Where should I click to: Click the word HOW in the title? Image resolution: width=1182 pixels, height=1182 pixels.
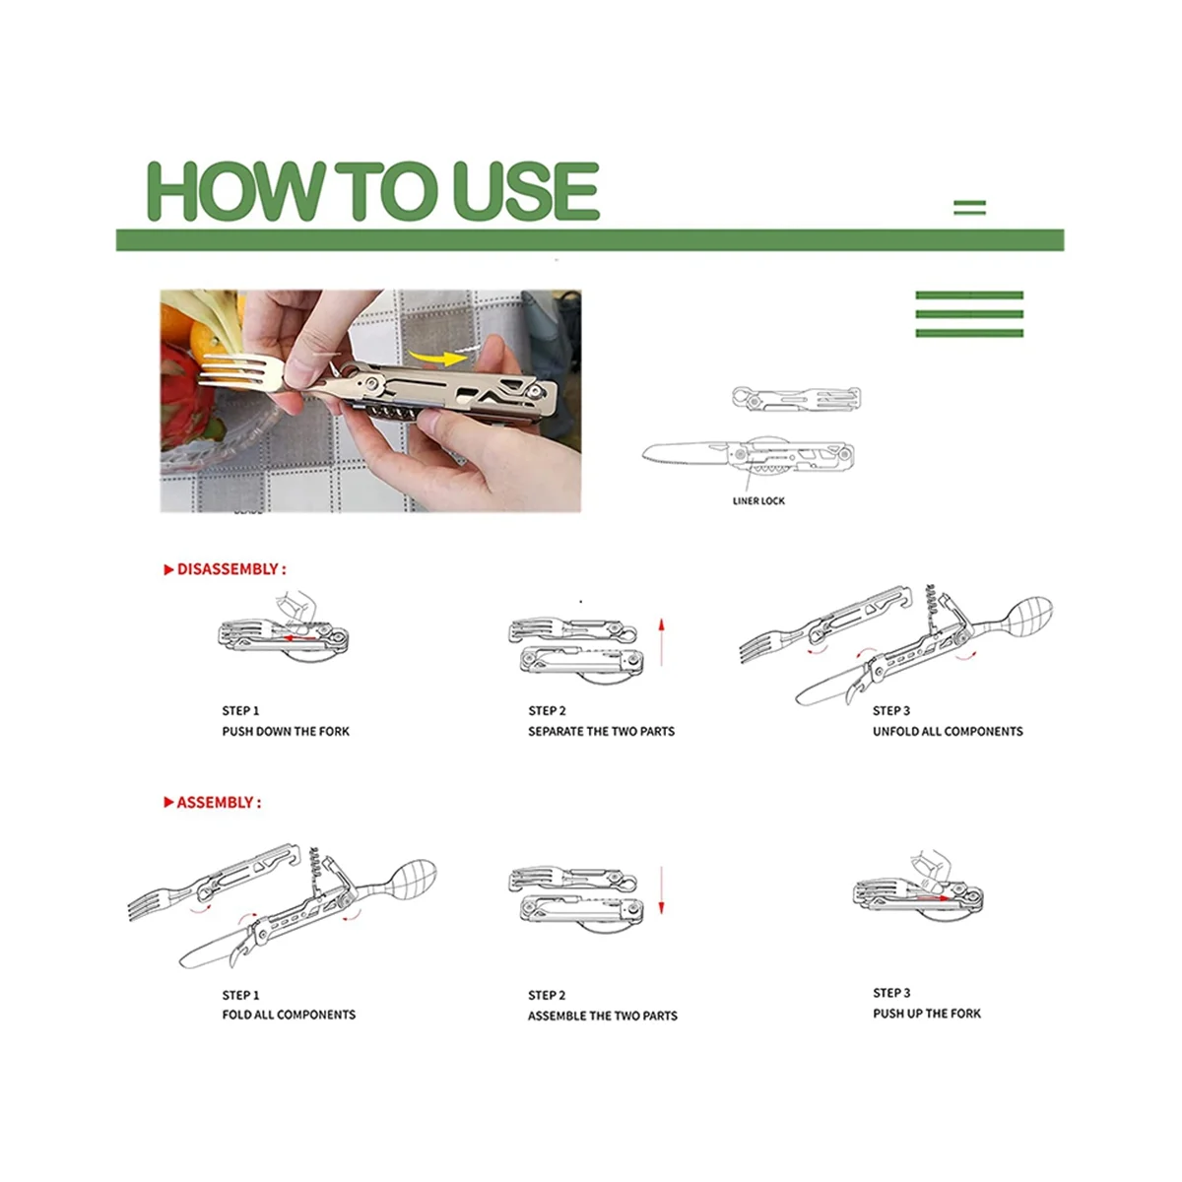pyautogui.click(x=236, y=191)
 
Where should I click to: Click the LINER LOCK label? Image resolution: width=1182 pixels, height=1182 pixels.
pyautogui.click(x=758, y=500)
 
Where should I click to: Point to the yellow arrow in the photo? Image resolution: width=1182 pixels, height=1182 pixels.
pyautogui.click(x=439, y=357)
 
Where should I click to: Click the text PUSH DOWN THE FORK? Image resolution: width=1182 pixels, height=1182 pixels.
pyautogui.click(x=286, y=731)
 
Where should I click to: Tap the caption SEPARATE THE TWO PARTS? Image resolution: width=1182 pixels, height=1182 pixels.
pyautogui.click(x=601, y=731)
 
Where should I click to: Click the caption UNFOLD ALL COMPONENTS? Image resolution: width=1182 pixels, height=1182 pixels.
pyautogui.click(x=948, y=731)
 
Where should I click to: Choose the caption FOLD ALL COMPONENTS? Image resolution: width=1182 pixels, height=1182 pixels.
pyautogui.click(x=289, y=1015)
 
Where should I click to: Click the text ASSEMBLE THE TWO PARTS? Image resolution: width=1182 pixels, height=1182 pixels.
pyautogui.click(x=603, y=1016)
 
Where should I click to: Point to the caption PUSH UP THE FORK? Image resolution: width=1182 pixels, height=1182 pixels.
pyautogui.click(x=927, y=1014)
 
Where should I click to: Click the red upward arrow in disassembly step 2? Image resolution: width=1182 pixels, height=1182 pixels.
pyautogui.click(x=661, y=642)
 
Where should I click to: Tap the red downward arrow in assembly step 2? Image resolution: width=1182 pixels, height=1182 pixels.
pyautogui.click(x=661, y=890)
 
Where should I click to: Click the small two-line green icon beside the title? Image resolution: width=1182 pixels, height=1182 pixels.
pyautogui.click(x=970, y=207)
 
